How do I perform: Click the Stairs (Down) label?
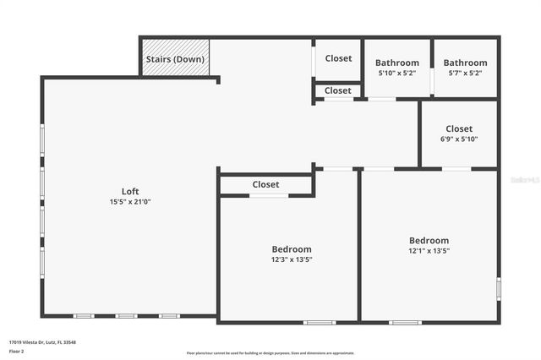click(175, 59)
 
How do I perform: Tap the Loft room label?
click(129, 191)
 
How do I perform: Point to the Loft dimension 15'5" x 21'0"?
click(129, 202)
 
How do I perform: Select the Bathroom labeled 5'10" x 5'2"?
click(396, 63)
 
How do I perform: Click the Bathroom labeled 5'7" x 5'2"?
click(465, 63)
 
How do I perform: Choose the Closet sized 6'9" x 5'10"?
click(459, 128)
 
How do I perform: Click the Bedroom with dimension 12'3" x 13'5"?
click(291, 249)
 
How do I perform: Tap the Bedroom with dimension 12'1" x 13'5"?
click(429, 240)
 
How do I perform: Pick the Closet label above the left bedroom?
click(265, 184)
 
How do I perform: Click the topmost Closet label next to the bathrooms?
click(338, 58)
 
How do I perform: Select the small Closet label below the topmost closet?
click(337, 90)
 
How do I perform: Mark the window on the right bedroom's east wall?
click(499, 289)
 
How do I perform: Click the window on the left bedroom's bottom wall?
click(320, 322)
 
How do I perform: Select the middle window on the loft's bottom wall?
click(126, 316)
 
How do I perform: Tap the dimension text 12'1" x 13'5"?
click(429, 251)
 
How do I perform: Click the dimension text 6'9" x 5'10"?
click(459, 139)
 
